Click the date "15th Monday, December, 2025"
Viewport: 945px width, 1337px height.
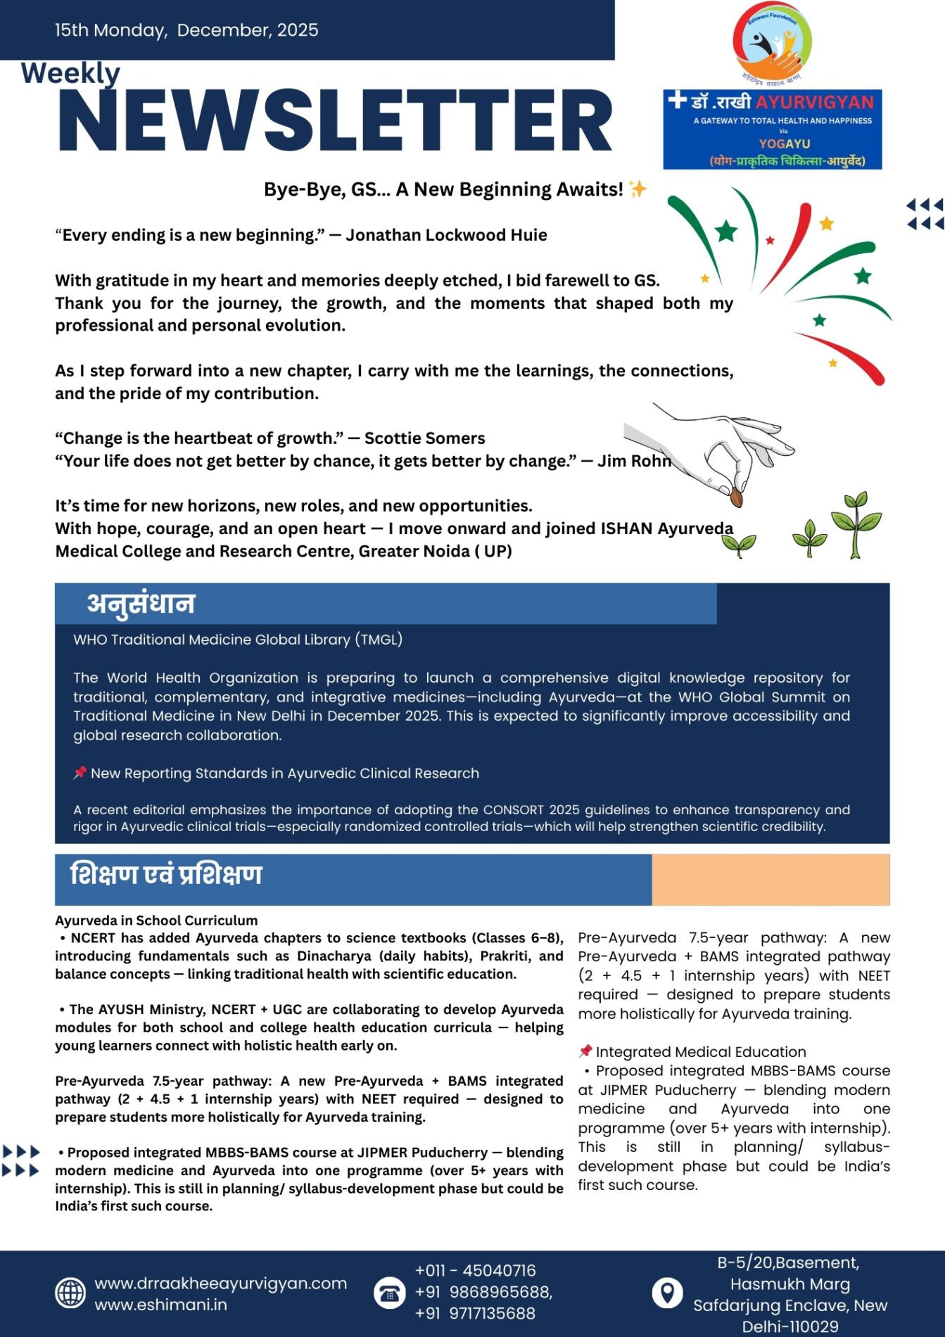click(186, 30)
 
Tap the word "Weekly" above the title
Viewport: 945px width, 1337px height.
click(70, 73)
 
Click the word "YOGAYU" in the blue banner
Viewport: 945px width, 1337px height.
click(785, 144)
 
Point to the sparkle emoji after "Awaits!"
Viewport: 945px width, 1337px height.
click(638, 189)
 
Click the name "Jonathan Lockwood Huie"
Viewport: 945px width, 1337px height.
click(446, 235)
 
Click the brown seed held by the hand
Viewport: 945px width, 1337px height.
click(736, 497)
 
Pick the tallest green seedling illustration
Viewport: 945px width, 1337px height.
click(856, 524)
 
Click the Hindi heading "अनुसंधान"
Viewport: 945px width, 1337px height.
click(141, 604)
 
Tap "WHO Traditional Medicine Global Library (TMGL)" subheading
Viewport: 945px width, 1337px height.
click(238, 640)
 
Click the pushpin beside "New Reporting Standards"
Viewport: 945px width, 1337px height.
click(80, 773)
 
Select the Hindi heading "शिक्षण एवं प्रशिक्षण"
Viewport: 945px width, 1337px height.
click(166, 875)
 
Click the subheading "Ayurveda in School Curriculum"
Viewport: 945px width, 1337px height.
click(156, 920)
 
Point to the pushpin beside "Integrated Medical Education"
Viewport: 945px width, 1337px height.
click(585, 1051)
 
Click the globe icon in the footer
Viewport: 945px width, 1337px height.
click(70, 1293)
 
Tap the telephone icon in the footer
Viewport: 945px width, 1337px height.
click(389, 1293)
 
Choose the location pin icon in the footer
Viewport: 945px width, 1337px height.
click(667, 1293)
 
